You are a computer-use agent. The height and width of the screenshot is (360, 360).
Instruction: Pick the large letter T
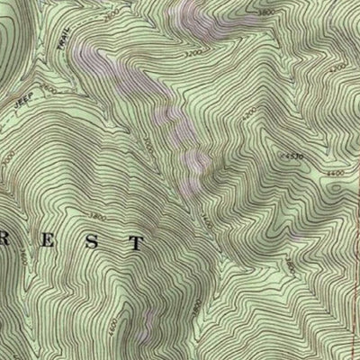pyautogui.click(x=135, y=242)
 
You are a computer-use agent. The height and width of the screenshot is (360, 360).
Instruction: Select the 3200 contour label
pyautogui.click(x=190, y=54)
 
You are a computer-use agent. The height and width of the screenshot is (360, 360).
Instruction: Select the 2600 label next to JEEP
pyautogui.click(x=49, y=91)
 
